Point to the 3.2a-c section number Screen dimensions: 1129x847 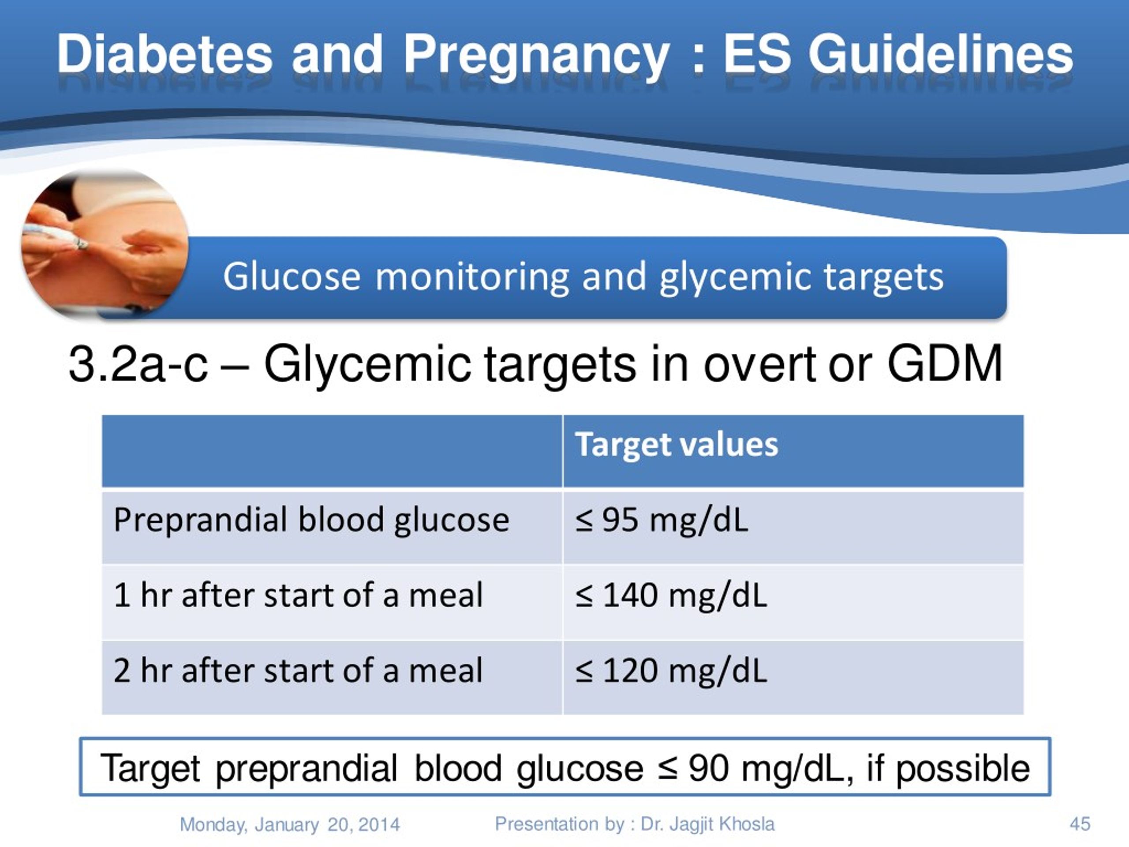pyautogui.click(x=138, y=364)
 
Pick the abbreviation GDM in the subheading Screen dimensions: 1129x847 pyautogui.click(x=945, y=364)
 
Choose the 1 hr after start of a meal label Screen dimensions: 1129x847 pyautogui.click(x=298, y=595)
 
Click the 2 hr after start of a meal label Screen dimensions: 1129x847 pyautogui.click(x=298, y=671)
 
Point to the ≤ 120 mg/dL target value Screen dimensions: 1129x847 pyautogui.click(x=671, y=671)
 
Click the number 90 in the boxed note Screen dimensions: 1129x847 pyautogui.click(x=708, y=768)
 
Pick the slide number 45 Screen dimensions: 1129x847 pyautogui.click(x=1080, y=824)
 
